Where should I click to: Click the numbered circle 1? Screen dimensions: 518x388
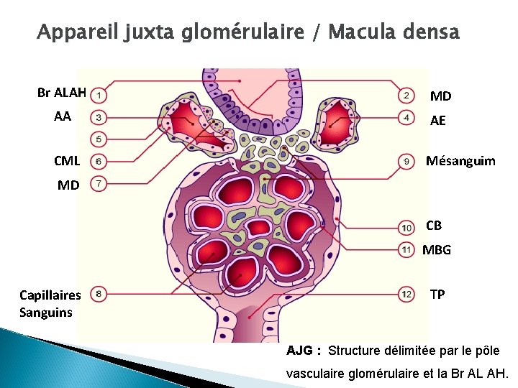101,94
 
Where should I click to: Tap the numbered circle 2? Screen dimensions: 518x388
406,96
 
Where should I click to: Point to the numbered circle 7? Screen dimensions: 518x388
101,184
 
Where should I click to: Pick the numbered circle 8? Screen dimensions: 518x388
101,293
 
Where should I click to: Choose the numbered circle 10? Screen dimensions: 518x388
406,228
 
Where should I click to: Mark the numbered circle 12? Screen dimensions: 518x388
406,293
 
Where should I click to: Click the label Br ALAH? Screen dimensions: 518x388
62,93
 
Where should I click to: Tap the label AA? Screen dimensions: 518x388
63,116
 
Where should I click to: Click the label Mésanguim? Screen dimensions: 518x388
460,161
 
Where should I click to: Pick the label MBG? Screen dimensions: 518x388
437,250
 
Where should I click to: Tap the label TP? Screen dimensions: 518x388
437,294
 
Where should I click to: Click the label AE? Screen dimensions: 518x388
437,121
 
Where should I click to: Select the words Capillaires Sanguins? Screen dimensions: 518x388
50,303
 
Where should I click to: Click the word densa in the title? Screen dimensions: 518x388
425,32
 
